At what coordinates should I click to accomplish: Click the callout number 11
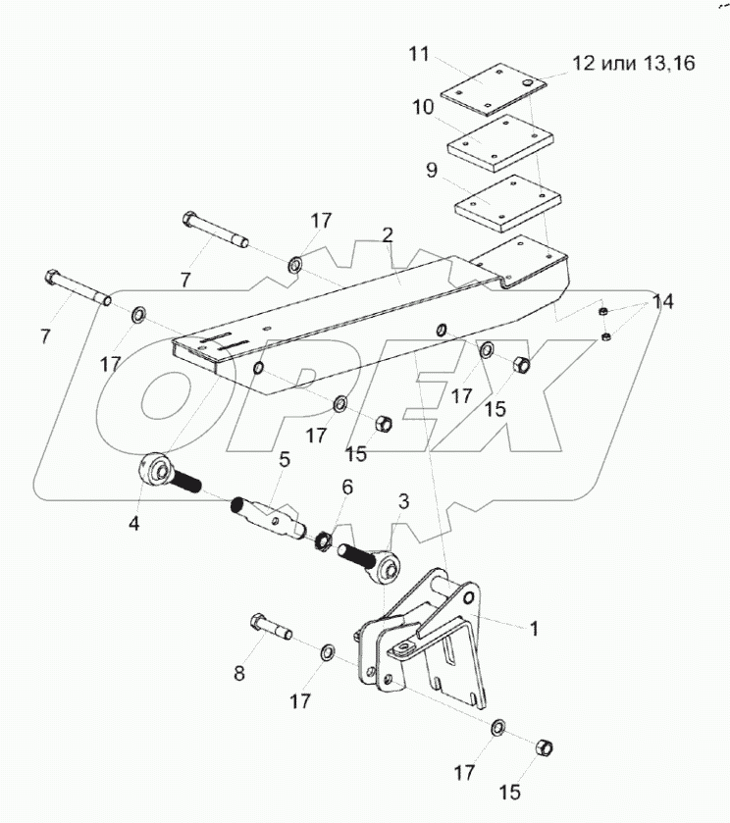(420, 54)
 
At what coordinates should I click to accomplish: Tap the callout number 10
(423, 106)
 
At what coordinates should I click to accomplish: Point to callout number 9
(433, 169)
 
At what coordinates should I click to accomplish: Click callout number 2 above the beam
(388, 235)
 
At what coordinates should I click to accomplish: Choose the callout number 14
(663, 302)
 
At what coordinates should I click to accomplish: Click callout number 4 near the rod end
(134, 523)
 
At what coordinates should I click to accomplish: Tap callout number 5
(285, 458)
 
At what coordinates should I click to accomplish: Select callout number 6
(346, 487)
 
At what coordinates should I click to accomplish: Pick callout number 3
(403, 502)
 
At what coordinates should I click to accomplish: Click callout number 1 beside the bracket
(534, 629)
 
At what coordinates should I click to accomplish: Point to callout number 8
(238, 674)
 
